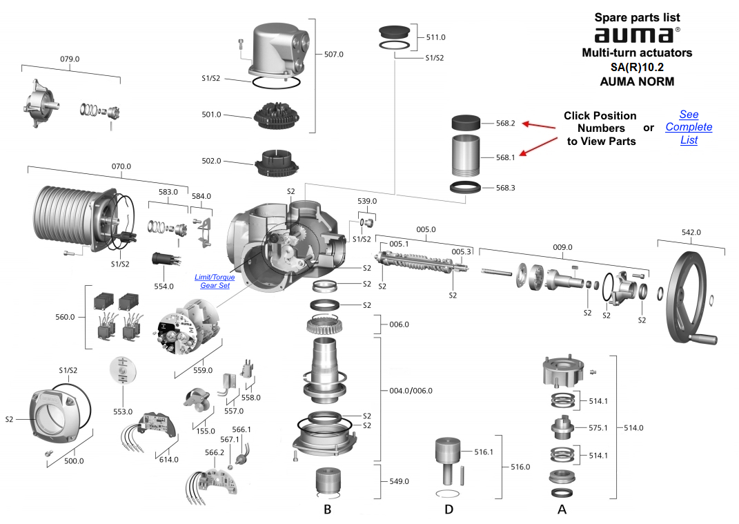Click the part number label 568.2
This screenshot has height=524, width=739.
click(x=505, y=124)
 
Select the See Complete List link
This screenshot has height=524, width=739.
click(x=688, y=127)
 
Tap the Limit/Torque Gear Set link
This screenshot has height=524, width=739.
click(x=214, y=282)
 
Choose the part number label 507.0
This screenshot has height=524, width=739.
click(x=333, y=54)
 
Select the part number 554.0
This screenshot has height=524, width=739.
click(x=164, y=286)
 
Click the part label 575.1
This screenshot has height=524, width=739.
click(x=597, y=427)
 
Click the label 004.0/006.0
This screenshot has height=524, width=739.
click(x=411, y=391)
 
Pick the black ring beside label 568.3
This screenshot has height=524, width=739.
click(x=466, y=187)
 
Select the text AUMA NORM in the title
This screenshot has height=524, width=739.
click(x=636, y=81)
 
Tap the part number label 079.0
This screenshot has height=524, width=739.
click(x=70, y=59)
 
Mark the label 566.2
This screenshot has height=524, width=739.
click(x=215, y=452)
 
